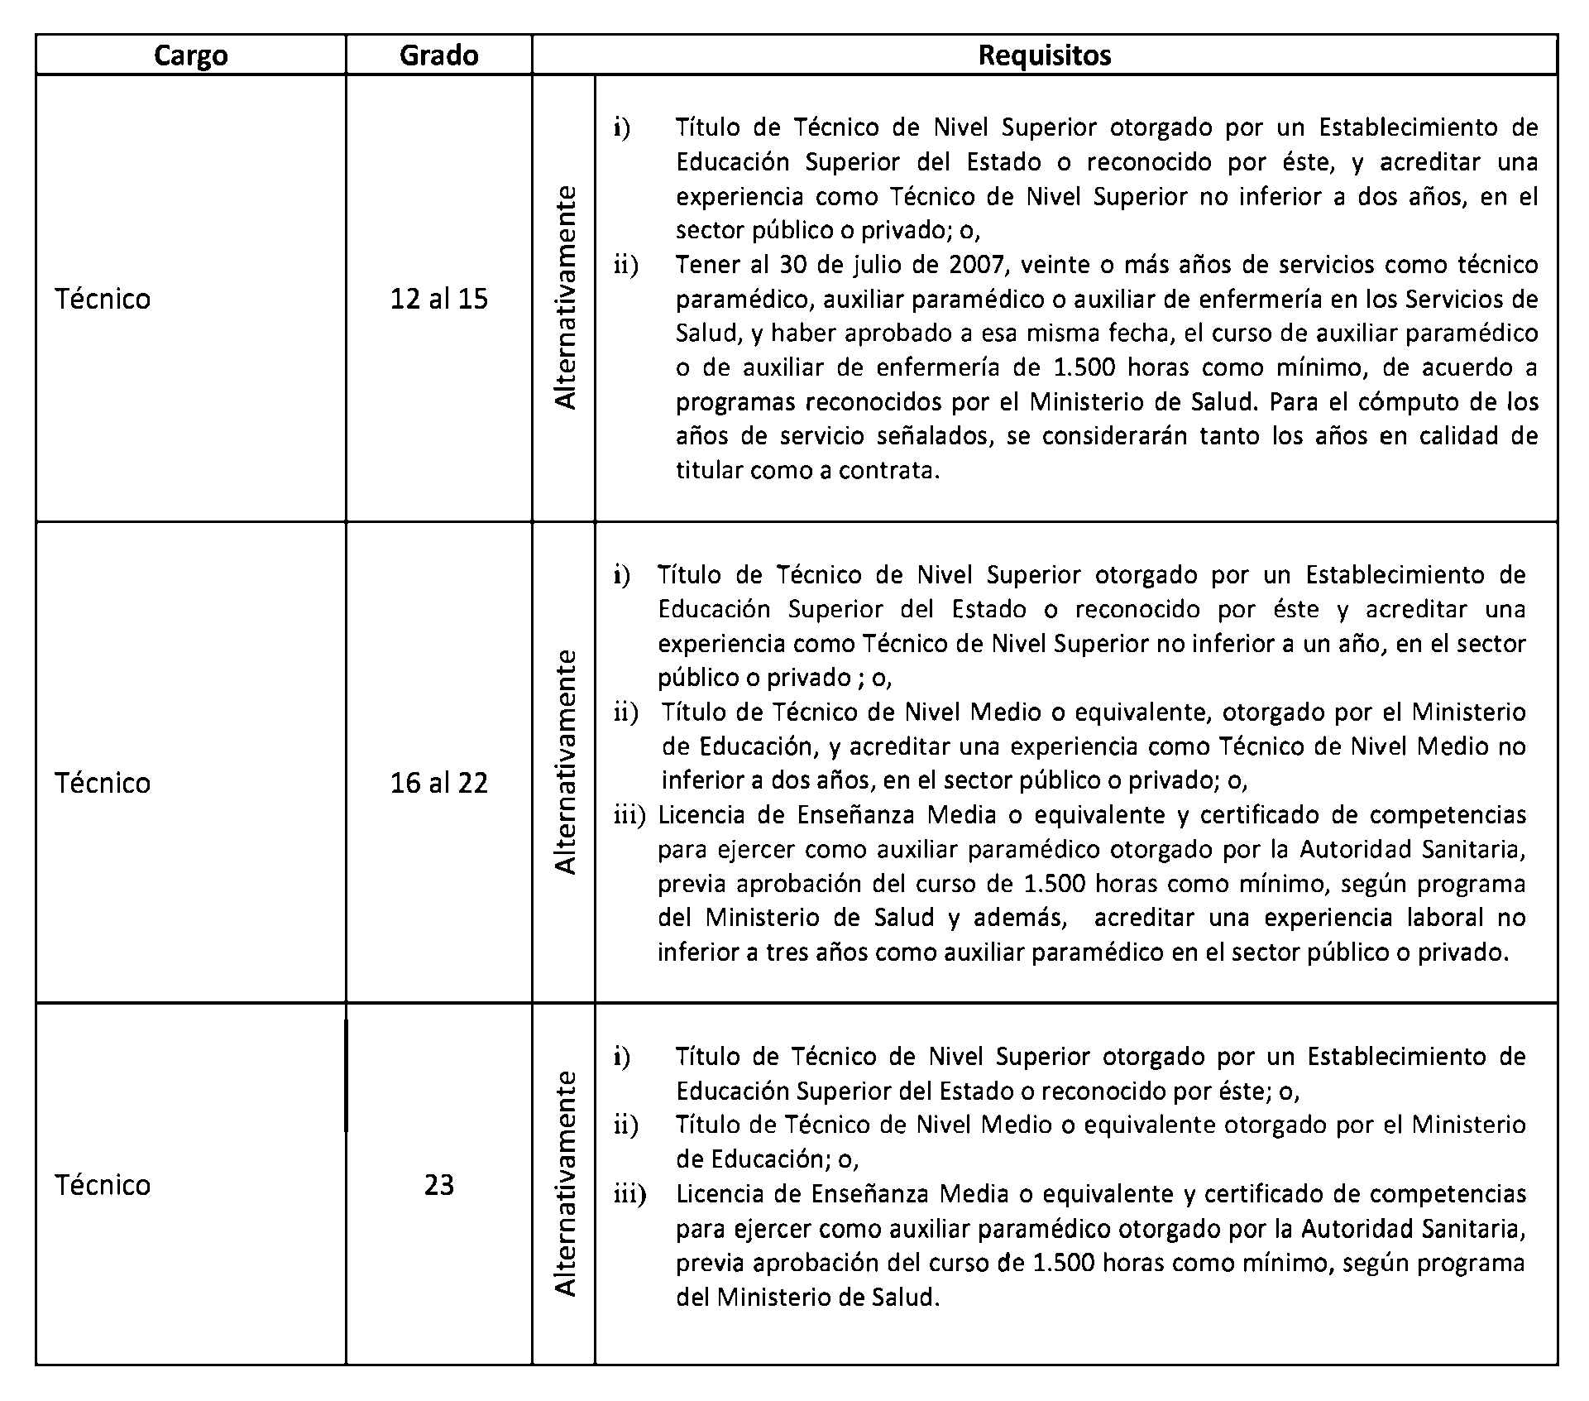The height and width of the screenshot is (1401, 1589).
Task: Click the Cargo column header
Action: point(190,55)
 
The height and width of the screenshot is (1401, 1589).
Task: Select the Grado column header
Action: point(438,55)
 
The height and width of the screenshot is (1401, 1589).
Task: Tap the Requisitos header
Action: point(1044,55)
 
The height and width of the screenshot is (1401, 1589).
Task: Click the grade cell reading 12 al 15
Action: point(438,299)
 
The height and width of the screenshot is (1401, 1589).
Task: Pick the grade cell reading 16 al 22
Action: point(438,783)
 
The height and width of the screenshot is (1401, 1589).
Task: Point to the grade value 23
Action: point(438,1185)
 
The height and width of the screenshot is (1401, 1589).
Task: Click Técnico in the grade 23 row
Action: point(103,1185)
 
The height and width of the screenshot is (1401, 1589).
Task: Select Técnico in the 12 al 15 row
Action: point(103,299)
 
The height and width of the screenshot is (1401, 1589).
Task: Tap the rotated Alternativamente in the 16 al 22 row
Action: point(565,761)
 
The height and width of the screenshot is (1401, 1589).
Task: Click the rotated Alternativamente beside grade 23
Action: point(565,1183)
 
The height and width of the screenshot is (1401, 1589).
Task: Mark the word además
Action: point(1019,918)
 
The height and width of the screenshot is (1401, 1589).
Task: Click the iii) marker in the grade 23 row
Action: point(629,1194)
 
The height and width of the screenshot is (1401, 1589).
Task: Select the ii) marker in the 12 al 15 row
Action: point(626,266)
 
